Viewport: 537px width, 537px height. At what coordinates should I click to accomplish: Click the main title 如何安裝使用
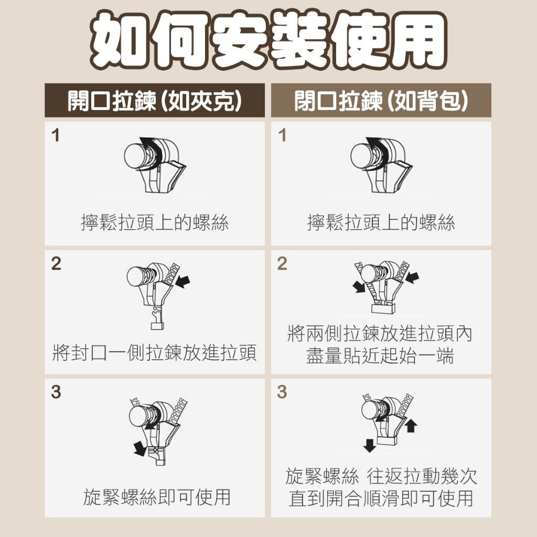[x=268, y=41]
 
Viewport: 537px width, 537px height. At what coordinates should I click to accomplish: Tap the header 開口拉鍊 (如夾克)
[x=155, y=101]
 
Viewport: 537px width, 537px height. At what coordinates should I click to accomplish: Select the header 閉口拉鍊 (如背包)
[x=381, y=101]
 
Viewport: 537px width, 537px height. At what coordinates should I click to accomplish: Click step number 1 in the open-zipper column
[x=56, y=135]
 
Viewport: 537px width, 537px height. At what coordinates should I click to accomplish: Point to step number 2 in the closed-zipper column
[x=282, y=264]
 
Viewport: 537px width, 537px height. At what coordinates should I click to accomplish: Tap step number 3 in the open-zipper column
[x=56, y=392]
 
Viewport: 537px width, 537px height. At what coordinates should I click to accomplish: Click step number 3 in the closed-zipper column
[x=282, y=392]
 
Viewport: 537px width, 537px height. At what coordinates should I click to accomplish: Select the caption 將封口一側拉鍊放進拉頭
[x=155, y=353]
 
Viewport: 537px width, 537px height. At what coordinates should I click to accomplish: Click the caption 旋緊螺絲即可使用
[x=157, y=497]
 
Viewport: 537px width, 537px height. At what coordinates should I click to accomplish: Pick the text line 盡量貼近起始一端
[x=380, y=356]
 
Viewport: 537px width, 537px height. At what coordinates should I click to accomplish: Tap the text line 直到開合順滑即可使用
[x=381, y=498]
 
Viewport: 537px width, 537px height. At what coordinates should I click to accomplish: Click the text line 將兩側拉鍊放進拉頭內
[x=380, y=334]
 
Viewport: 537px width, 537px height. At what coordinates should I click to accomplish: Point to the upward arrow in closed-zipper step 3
[x=411, y=426]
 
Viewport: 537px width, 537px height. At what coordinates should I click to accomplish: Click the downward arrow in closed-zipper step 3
[x=369, y=446]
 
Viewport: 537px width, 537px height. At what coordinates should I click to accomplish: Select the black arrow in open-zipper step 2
[x=182, y=282]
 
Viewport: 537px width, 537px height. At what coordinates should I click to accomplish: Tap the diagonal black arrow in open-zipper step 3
[x=141, y=448]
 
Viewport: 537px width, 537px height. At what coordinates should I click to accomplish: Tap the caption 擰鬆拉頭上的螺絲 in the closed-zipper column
[x=381, y=222]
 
